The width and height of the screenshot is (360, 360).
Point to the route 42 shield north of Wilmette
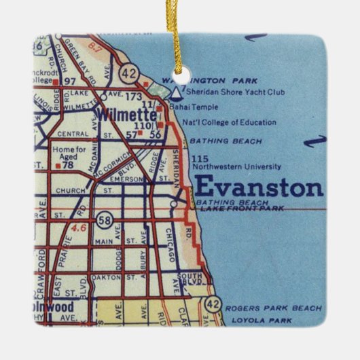[x=128, y=72]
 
